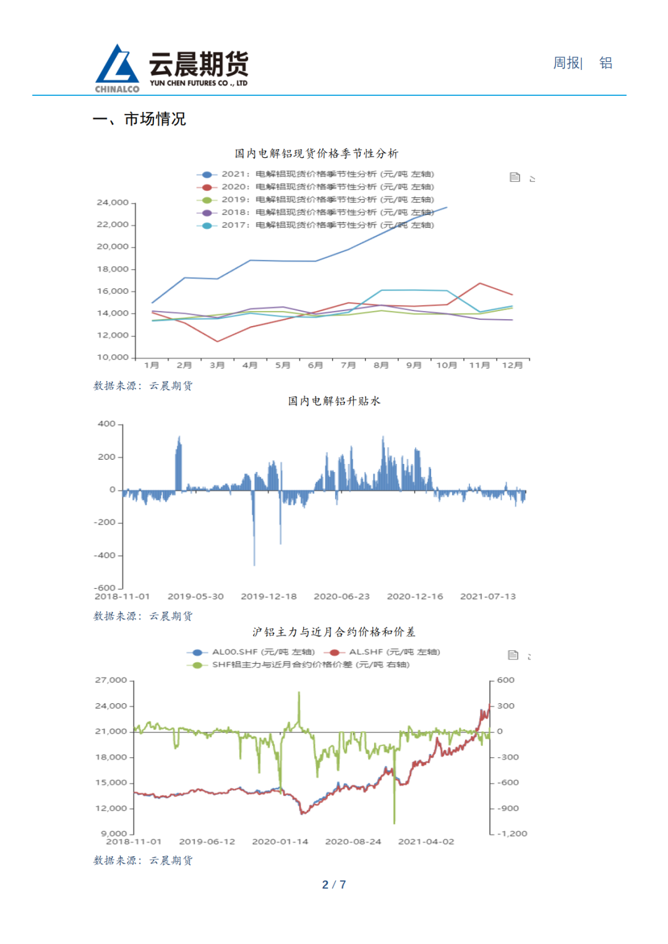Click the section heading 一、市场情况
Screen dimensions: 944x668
pyautogui.click(x=139, y=119)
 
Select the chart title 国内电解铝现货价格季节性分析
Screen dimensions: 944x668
pyautogui.click(x=316, y=153)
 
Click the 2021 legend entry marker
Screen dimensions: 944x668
pyautogui.click(x=207, y=174)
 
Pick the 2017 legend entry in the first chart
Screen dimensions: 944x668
pyautogui.click(x=315, y=225)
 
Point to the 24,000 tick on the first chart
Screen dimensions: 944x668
pyautogui.click(x=113, y=202)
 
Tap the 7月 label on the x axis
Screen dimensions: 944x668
pyautogui.click(x=348, y=366)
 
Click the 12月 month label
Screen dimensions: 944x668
pyautogui.click(x=512, y=366)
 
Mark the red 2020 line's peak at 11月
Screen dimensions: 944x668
pyautogui.click(x=480, y=283)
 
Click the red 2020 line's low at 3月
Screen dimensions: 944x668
pyautogui.click(x=217, y=341)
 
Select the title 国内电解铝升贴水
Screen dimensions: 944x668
pyautogui.click(x=334, y=401)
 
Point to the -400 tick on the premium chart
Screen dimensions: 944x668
pyautogui.click(x=105, y=556)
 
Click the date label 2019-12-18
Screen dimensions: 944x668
pyautogui.click(x=268, y=596)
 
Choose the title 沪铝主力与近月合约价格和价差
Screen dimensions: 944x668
pyautogui.click(x=333, y=632)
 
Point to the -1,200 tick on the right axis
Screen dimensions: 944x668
pyautogui.click(x=513, y=834)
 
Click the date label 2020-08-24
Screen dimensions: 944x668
pyautogui.click(x=353, y=842)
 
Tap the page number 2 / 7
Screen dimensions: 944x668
pyautogui.click(x=334, y=885)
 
